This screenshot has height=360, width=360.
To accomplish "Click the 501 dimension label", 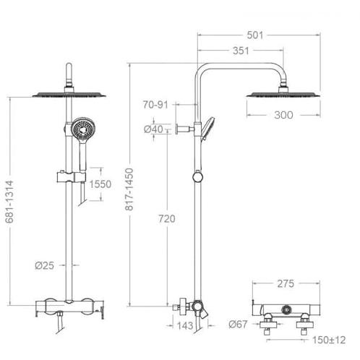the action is point(255,35).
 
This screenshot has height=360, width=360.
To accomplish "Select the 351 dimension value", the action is point(241,51).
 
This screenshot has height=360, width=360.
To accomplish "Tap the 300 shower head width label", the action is point(283,115).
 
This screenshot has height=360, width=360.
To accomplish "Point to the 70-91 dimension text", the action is point(155,105).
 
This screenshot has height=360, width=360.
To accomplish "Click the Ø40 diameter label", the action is point(153,129).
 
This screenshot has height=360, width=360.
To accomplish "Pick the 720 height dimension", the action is point(167,219).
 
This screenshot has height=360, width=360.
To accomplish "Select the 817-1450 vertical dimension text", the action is point(129,189).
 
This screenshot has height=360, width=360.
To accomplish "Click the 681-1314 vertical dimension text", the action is point(9,202).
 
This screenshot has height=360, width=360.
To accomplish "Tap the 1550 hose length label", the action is point(100,184).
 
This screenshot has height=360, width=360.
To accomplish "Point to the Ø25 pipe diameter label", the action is point(45,265).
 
